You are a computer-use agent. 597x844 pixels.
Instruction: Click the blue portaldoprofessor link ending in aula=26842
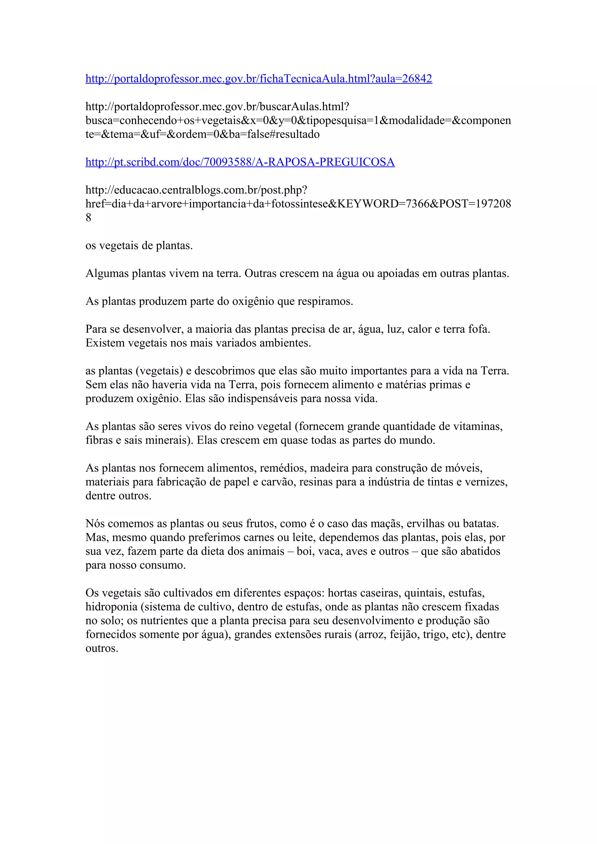pyautogui.click(x=259, y=79)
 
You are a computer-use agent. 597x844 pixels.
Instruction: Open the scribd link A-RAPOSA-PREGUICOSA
pyautogui.click(x=240, y=162)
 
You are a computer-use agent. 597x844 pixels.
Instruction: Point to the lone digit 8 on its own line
pyautogui.click(x=88, y=218)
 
